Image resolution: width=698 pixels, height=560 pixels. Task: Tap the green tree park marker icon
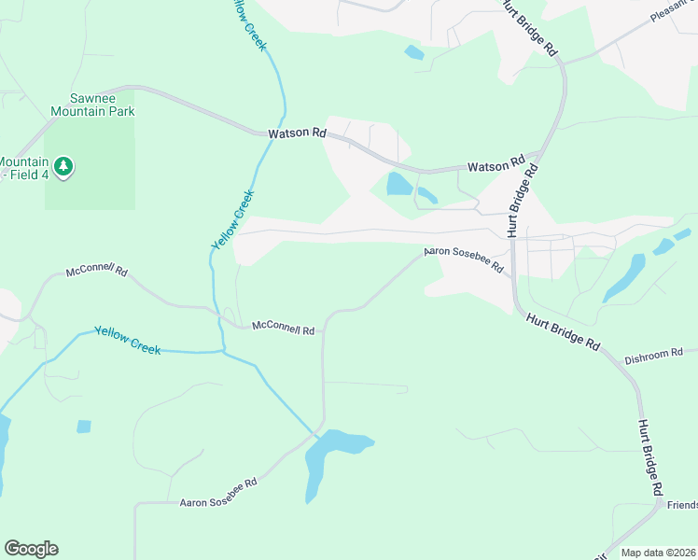pyautogui.click(x=63, y=167)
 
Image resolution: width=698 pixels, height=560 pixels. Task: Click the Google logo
pyautogui.click(x=31, y=549)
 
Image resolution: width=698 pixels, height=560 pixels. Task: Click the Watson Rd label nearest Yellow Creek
pyautogui.click(x=297, y=134)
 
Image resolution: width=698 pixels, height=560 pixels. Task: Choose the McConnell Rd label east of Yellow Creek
pyautogui.click(x=283, y=329)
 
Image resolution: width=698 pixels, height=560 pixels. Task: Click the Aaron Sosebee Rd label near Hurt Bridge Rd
pyautogui.click(x=464, y=259)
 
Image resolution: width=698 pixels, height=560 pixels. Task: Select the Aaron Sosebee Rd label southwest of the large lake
pyautogui.click(x=218, y=494)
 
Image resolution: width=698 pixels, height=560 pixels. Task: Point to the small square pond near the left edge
pyautogui.click(x=84, y=427)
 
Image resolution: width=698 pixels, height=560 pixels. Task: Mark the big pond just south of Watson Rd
pyautogui.click(x=399, y=184)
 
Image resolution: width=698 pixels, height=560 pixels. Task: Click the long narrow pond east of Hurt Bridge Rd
pyautogui.click(x=623, y=277)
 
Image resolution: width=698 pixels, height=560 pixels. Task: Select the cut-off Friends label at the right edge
pyautogui.click(x=682, y=505)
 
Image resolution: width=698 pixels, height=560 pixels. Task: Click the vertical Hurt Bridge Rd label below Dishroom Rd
pyautogui.click(x=651, y=457)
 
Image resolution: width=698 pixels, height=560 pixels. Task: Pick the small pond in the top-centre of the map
pyautogui.click(x=413, y=52)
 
